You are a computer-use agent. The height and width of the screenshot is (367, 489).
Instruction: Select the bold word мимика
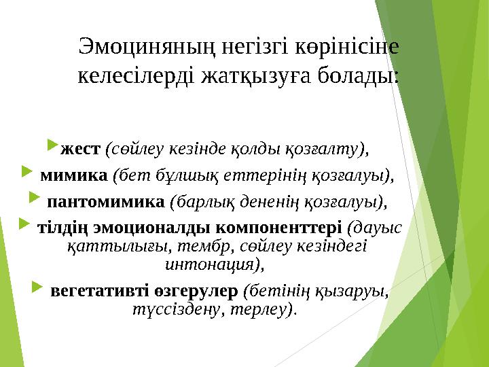tap(74, 175)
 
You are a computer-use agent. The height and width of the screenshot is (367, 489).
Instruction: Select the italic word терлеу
tap(270, 310)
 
